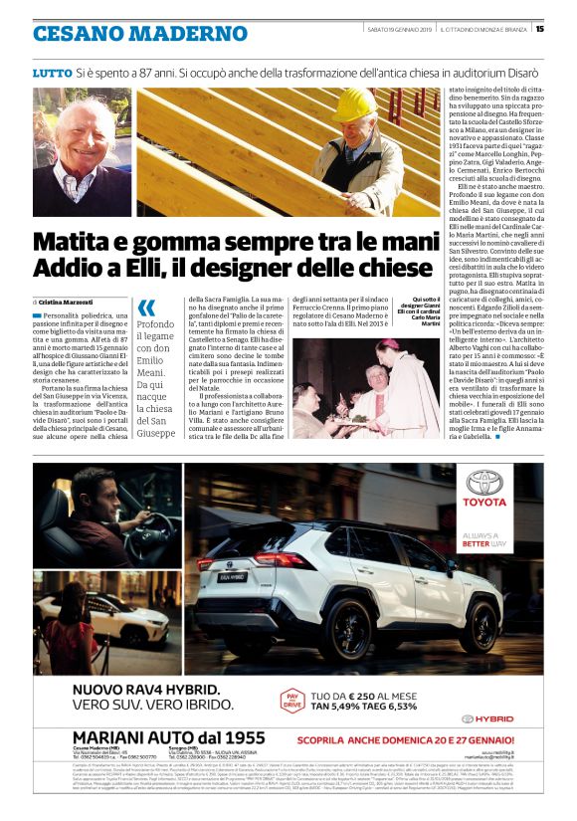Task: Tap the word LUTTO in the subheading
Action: (52, 74)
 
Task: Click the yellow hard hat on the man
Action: (353, 104)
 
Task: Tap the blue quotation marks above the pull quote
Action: (146, 308)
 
